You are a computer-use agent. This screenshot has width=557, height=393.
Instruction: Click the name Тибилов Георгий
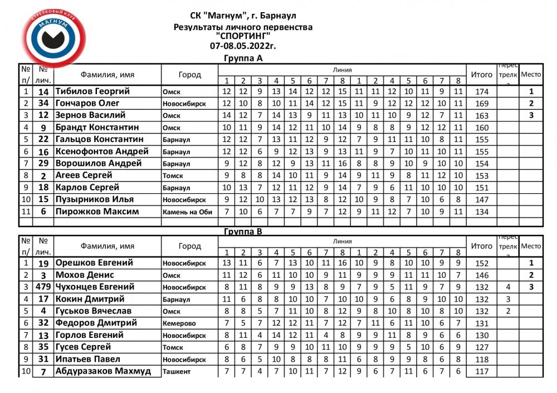(x=92, y=91)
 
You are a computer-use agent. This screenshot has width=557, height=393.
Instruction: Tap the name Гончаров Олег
(x=87, y=104)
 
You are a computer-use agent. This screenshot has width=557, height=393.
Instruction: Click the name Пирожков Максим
(x=97, y=212)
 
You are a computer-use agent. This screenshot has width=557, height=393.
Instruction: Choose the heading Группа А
(x=243, y=58)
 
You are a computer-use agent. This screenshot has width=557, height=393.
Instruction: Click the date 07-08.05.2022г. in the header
(x=243, y=46)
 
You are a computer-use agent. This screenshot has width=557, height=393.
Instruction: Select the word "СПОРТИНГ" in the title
(x=243, y=36)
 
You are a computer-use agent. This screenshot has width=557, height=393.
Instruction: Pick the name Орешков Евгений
(x=94, y=263)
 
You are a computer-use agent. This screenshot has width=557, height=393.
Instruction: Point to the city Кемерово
(x=179, y=323)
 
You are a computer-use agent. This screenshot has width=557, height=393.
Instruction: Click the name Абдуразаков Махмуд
(x=103, y=371)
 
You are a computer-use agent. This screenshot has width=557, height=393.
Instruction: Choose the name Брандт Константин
(x=97, y=127)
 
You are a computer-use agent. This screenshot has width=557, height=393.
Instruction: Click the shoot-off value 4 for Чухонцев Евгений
(x=508, y=287)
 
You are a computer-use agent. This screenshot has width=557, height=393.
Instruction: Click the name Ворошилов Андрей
(x=98, y=164)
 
